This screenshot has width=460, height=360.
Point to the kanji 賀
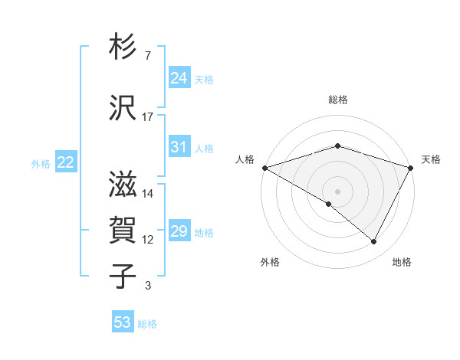tap(123, 231)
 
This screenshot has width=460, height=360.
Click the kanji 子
tap(123, 275)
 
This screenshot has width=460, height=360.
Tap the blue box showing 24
tap(179, 78)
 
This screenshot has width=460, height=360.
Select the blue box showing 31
tap(179, 148)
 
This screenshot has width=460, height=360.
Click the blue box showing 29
tap(179, 232)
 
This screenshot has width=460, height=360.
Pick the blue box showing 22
tap(66, 162)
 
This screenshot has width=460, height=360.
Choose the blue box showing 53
tap(123, 322)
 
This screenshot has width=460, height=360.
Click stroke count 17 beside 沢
tap(148, 116)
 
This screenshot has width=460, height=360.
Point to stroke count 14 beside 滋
tap(148, 194)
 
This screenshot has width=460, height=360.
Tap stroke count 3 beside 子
tap(148, 286)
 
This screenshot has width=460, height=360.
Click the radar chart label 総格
tap(337, 100)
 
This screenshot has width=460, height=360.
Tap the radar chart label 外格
tap(270, 262)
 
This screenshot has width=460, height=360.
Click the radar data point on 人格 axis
tap(264, 168)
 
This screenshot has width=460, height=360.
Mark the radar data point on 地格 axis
tap(374, 242)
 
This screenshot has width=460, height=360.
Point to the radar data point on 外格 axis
tap(329, 204)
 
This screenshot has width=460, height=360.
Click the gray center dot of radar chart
tap(337, 191)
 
